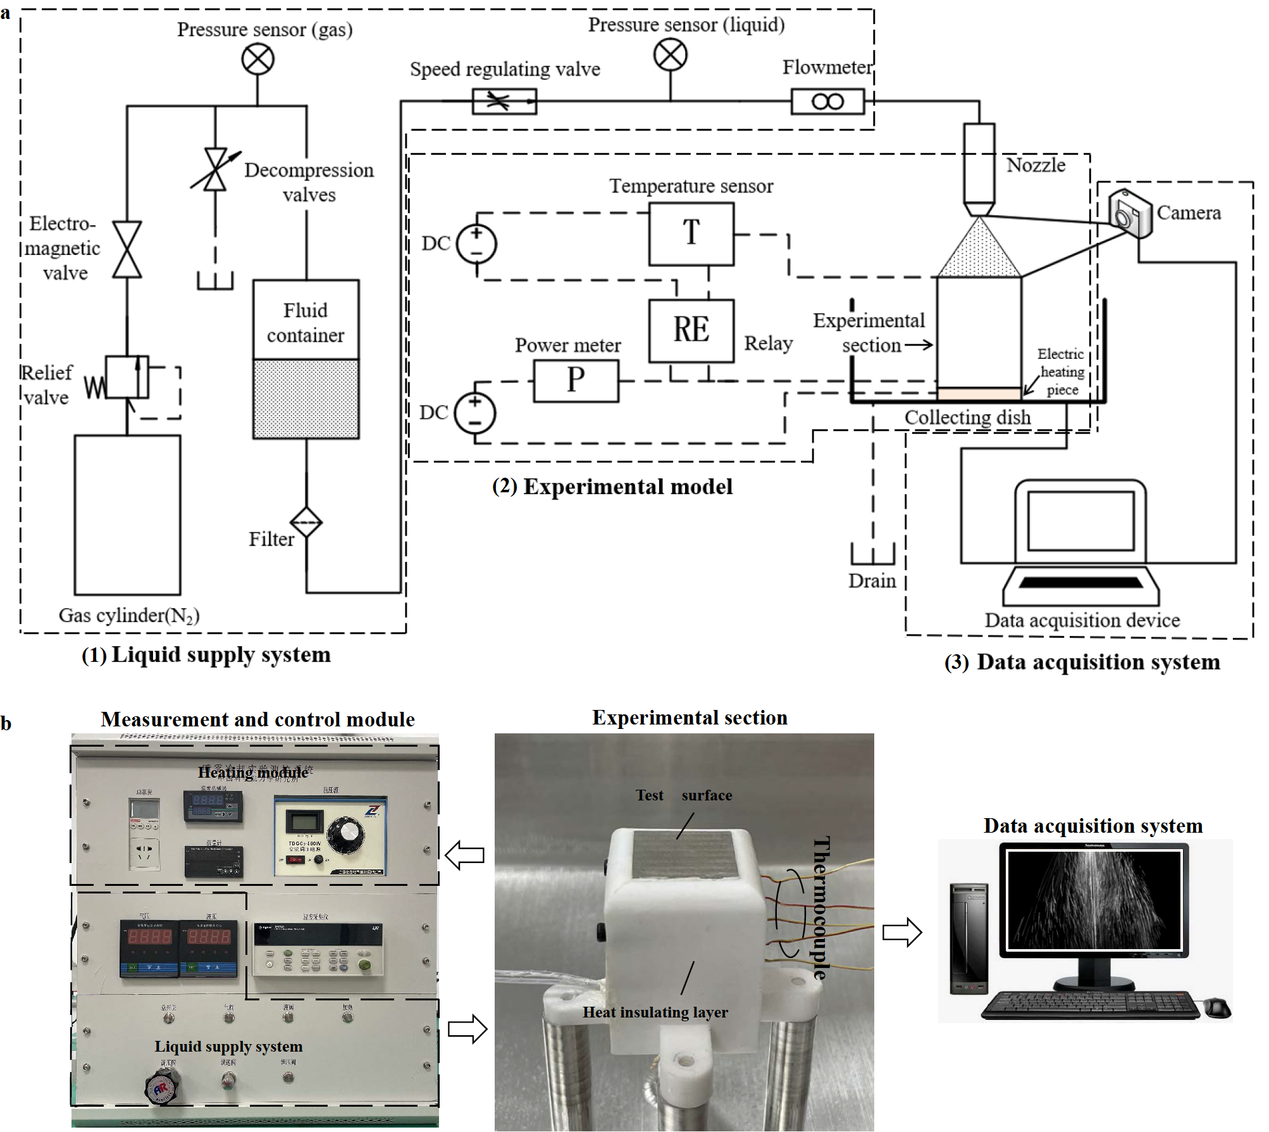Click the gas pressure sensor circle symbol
257,60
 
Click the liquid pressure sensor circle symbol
670,54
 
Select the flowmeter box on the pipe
827,101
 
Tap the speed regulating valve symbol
504,101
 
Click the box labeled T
691,233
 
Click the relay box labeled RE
691,330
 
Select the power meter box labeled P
576,381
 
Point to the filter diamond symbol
306,523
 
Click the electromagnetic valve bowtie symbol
127,249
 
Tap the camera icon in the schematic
1130,213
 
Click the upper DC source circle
476,244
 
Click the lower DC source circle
475,413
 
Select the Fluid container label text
306,323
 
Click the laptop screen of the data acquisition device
1080,521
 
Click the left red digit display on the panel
149,936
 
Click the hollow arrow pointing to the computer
902,932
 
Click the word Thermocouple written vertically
820,908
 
